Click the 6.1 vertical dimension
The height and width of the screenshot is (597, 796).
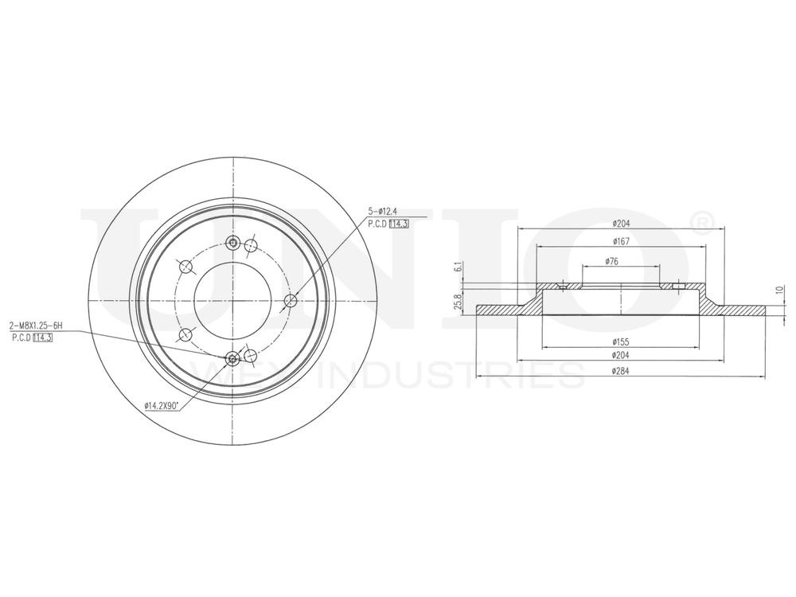point(458,268)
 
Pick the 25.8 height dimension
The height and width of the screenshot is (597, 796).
point(458,303)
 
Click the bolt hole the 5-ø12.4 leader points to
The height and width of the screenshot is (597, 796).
point(291,300)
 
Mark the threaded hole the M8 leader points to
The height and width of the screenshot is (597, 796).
point(232,359)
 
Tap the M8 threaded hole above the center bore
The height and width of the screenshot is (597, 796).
point(232,243)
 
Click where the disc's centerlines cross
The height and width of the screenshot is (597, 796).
point(232,300)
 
